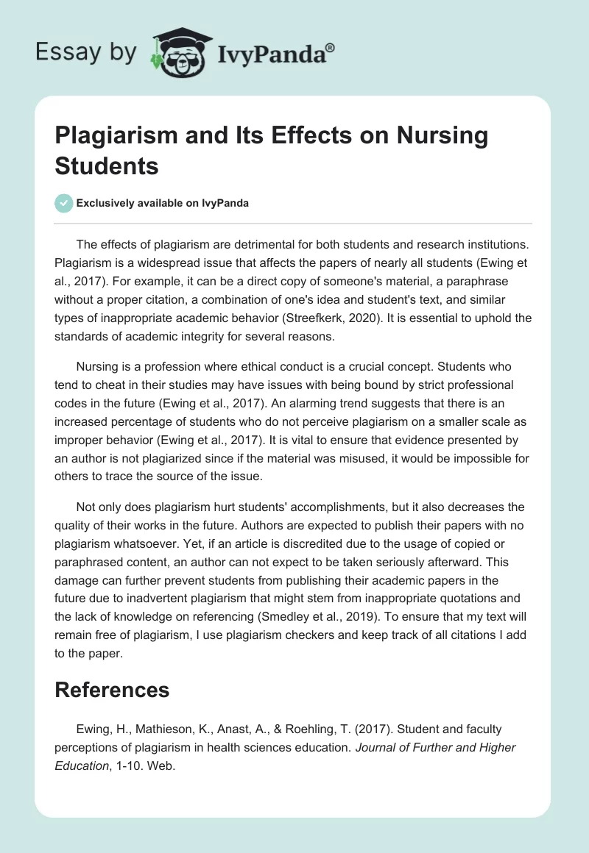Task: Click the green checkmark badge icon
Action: coord(64,203)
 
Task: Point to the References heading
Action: coord(112,689)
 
